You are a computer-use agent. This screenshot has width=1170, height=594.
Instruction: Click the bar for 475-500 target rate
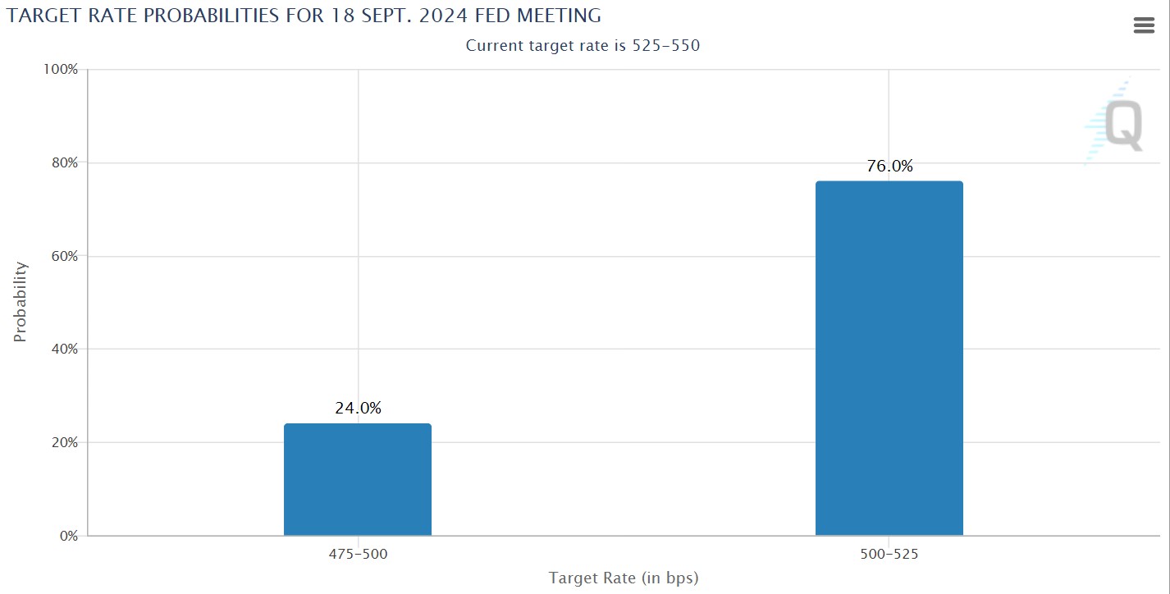coord(357,479)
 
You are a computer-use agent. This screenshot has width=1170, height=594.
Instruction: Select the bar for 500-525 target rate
coord(889,359)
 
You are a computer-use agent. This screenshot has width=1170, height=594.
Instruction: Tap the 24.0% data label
coord(358,408)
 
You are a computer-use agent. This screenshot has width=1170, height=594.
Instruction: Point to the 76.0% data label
coord(889,167)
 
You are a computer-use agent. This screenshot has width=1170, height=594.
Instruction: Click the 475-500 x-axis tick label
coord(358,554)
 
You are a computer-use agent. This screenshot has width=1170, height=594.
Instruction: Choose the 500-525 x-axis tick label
coord(889,554)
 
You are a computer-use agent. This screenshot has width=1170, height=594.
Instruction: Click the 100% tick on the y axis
coord(60,70)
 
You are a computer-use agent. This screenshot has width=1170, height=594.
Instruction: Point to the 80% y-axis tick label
coord(62,162)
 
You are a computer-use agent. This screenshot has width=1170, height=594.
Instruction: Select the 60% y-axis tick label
coord(62,256)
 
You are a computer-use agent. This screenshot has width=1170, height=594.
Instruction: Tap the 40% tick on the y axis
coord(62,350)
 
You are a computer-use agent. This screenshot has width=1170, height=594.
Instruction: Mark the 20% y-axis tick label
coord(62,442)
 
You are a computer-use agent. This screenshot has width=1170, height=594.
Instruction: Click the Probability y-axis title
coord(21,302)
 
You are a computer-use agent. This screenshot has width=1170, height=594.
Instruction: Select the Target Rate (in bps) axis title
coord(624,578)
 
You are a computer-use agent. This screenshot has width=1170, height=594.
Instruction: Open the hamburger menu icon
coord(1144,25)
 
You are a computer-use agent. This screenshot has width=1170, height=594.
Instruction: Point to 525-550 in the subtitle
coord(665,46)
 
